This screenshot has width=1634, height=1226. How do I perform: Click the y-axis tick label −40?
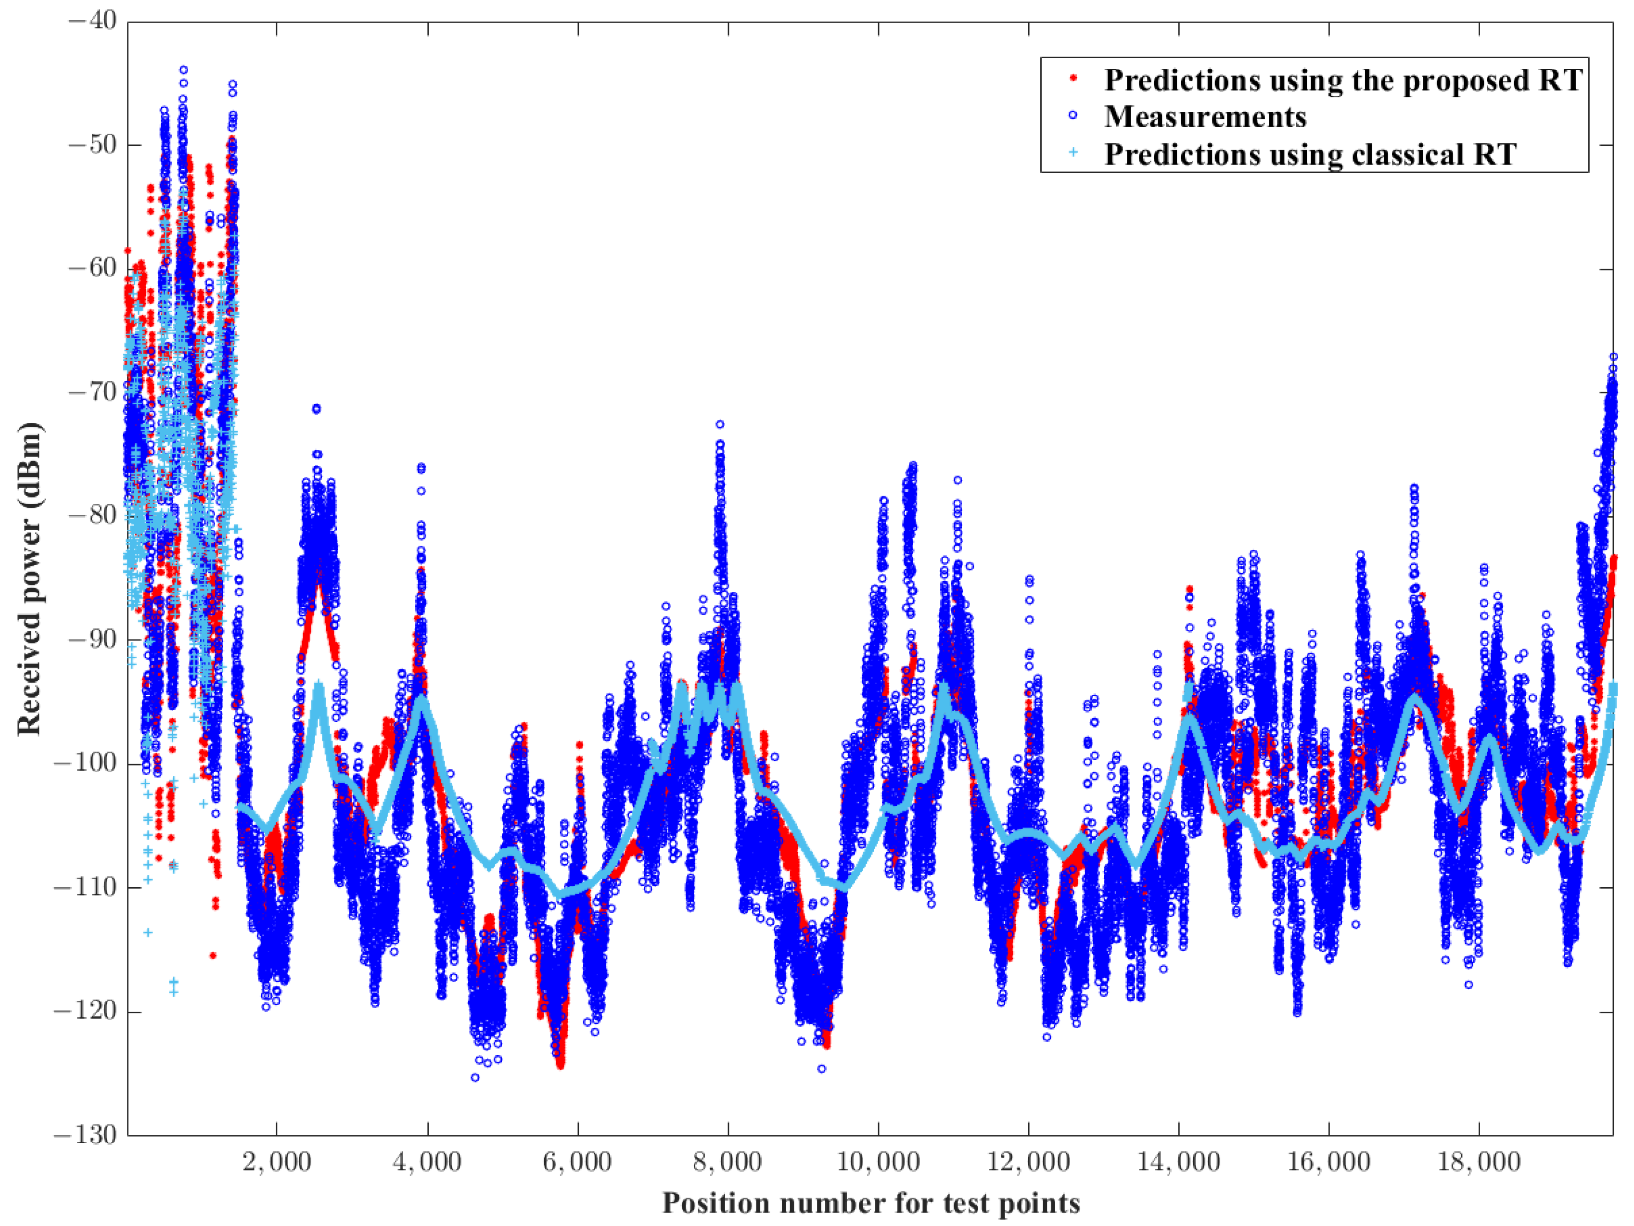(x=92, y=21)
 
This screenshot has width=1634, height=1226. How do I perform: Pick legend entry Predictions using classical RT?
(x=1310, y=154)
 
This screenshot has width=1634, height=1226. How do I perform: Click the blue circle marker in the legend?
(x=1073, y=115)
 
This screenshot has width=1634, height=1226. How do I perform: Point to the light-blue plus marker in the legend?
(x=1073, y=153)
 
